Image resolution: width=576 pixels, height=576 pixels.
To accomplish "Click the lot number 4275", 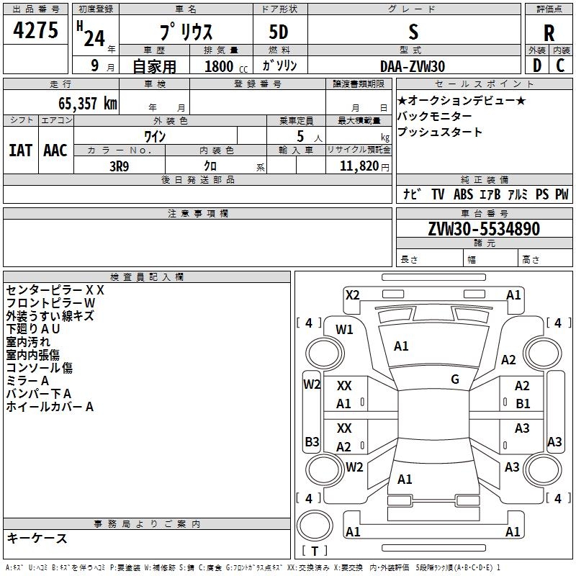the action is click(35, 30).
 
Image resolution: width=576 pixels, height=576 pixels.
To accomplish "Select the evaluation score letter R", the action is click(549, 32).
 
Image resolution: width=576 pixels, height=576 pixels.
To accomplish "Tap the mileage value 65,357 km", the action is click(88, 103).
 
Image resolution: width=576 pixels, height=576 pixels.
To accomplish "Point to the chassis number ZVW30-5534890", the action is click(484, 228).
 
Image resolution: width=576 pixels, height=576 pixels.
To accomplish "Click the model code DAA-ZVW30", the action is click(413, 66).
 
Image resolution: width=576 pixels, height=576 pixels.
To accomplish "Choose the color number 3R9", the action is click(120, 166).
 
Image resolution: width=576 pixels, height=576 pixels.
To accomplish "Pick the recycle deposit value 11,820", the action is click(359, 166).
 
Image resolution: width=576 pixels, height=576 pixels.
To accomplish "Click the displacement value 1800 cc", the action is click(226, 66).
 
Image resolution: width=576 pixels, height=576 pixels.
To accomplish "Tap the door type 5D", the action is click(279, 32).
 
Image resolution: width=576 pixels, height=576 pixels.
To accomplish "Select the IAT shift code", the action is click(21, 150).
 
